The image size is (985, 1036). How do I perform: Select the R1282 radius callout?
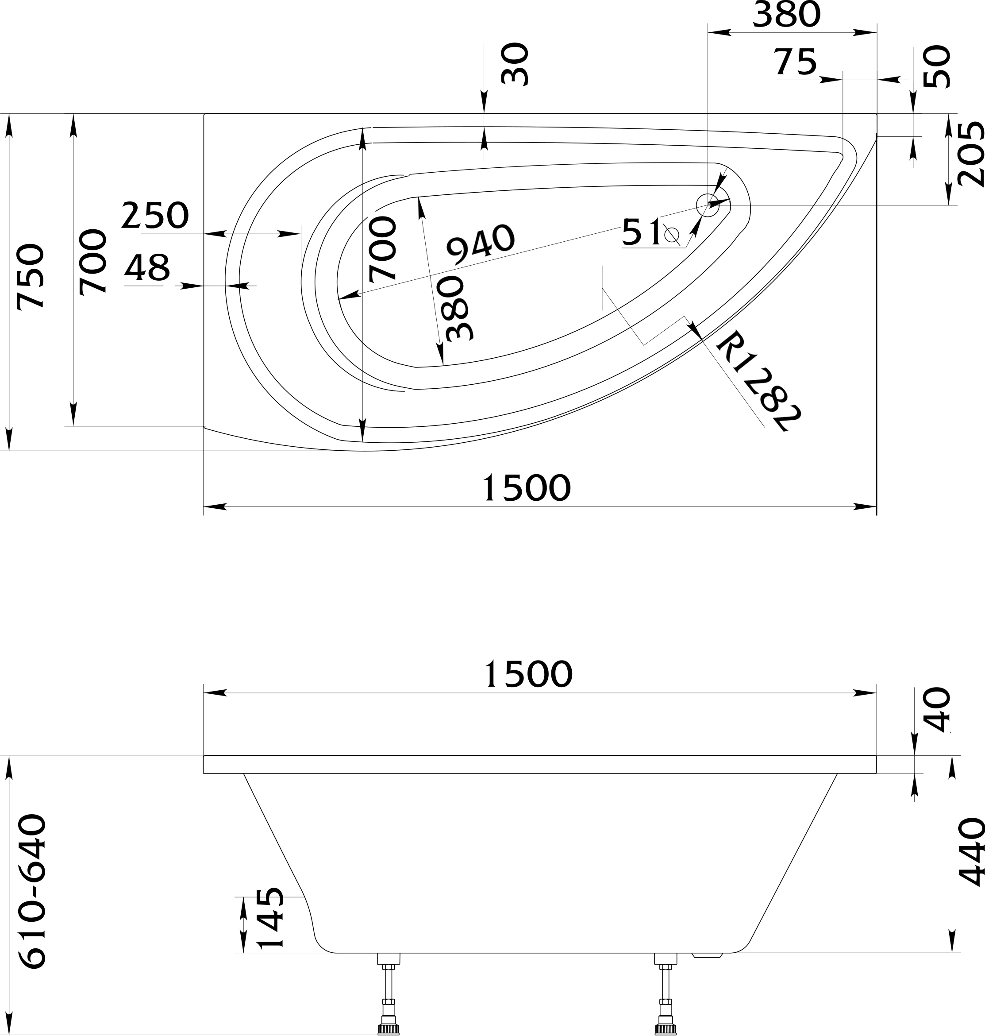point(758,381)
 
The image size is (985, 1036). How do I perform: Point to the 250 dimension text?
point(154,216)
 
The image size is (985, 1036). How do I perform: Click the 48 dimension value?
point(147,268)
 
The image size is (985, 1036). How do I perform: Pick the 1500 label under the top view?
point(526,488)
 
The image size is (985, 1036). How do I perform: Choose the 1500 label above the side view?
point(527,675)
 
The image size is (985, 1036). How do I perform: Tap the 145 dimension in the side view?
point(271,919)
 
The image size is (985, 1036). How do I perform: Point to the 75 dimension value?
point(796,62)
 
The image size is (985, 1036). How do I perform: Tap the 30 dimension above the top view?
point(515,65)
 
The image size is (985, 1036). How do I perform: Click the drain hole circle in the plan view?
point(708,205)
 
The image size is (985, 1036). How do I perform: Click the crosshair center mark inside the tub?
point(602,288)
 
